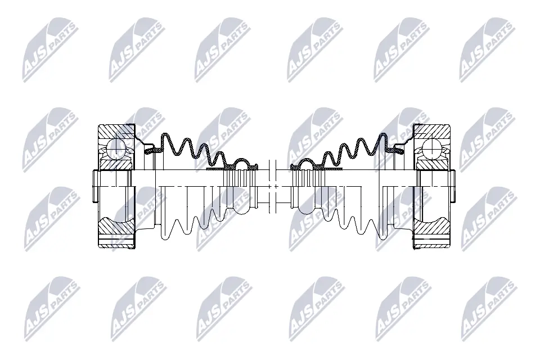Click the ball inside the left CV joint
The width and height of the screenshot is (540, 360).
coord(115,148)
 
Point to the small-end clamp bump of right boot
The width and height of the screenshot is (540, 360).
coord(307,163)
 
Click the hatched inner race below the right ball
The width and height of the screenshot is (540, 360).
coord(432,164)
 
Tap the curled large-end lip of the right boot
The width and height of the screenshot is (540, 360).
coord(399,150)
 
